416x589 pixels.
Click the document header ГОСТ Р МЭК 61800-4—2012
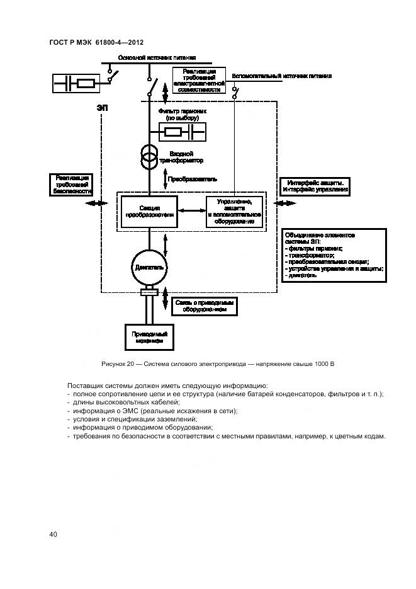[96, 42]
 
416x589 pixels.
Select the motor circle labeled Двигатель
[149, 267]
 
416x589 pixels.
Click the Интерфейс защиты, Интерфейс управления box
[315, 186]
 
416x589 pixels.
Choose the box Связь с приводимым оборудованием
[205, 306]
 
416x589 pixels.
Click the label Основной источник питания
[152, 57]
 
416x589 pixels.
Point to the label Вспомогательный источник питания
[281, 76]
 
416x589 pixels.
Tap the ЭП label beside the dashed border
[102, 108]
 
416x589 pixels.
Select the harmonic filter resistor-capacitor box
[184, 132]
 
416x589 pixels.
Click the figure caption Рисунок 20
[217, 364]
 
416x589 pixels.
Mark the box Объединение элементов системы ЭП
[334, 254]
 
